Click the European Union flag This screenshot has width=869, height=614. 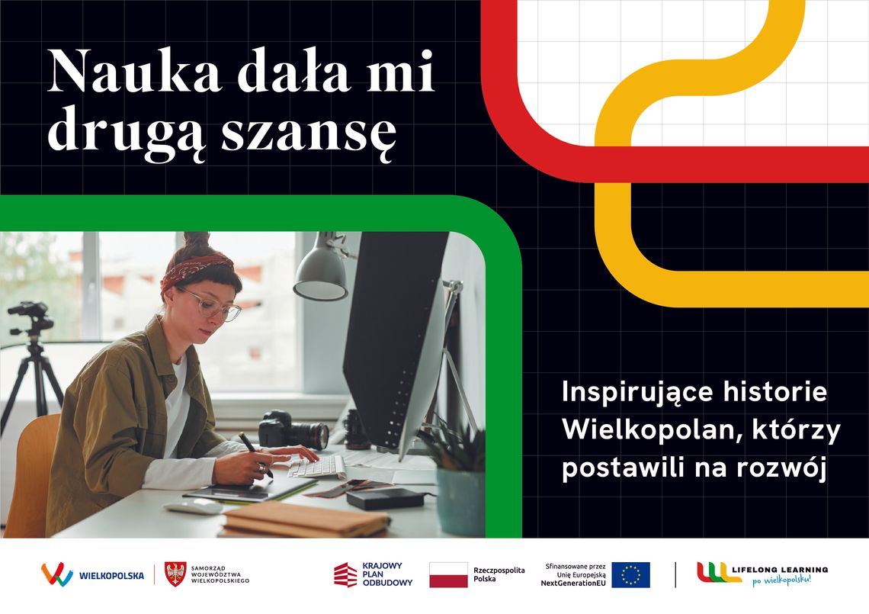630,575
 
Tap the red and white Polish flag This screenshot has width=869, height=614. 448,575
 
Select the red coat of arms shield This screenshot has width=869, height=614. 175,574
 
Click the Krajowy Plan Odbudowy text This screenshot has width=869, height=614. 387,574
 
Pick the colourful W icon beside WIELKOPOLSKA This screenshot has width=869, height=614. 56,574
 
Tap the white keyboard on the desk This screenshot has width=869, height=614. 316,467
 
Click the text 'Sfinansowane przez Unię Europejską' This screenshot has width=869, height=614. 575,570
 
